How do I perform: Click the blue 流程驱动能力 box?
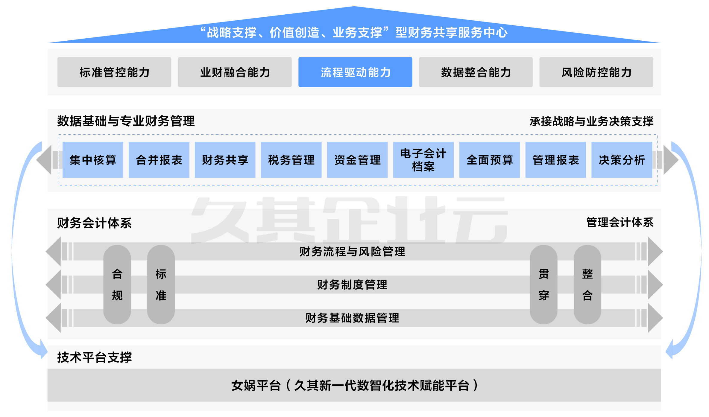(x=355, y=72)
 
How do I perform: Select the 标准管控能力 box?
(x=114, y=72)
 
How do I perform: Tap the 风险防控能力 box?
(x=596, y=72)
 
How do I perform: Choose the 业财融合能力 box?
(x=235, y=72)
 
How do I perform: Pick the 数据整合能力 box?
(x=476, y=72)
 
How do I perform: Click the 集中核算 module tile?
(x=93, y=160)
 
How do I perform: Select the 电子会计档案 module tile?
(x=423, y=160)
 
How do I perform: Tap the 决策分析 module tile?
(x=622, y=160)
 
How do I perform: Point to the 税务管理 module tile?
(x=291, y=160)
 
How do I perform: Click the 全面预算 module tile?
(x=489, y=160)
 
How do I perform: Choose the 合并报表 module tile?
(x=159, y=160)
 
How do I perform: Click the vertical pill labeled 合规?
(x=117, y=284)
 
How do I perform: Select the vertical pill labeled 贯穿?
(x=543, y=284)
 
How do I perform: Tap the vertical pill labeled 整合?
(x=587, y=284)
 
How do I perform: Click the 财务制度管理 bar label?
(x=352, y=285)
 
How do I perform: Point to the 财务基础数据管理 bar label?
(x=352, y=318)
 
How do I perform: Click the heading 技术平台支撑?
(x=95, y=357)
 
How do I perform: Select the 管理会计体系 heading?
(x=620, y=222)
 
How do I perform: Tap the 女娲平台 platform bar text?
(x=354, y=385)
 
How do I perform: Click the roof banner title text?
(x=354, y=32)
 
